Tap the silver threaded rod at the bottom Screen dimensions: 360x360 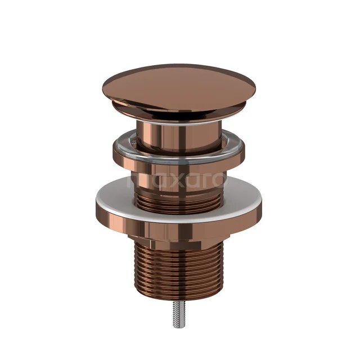(179, 321)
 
